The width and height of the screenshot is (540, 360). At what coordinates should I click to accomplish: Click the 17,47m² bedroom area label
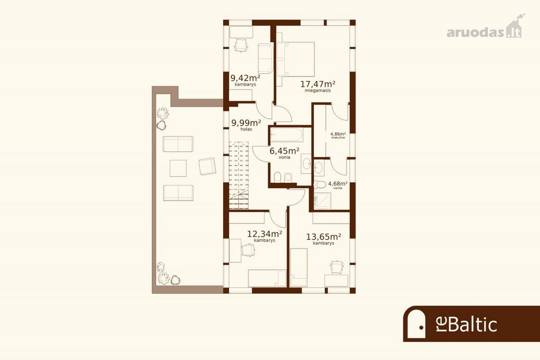318,86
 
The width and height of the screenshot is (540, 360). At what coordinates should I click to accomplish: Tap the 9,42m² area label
245,80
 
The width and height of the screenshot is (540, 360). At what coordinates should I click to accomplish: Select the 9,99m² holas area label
246,125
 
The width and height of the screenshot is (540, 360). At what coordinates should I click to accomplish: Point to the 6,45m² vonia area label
284,153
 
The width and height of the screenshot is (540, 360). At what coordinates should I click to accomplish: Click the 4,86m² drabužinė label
338,135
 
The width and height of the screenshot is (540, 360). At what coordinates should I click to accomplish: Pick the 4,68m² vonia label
338,185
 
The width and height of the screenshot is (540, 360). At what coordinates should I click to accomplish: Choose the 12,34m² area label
265,236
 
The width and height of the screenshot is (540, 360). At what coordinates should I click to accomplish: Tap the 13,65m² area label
324,238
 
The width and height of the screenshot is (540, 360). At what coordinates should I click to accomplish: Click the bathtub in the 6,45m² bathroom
287,135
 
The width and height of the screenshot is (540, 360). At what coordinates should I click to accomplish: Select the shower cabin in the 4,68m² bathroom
323,201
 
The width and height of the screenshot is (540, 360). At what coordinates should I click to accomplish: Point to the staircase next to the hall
238,175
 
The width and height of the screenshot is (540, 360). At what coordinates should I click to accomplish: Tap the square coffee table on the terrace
178,168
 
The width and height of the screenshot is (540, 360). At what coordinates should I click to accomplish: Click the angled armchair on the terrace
207,166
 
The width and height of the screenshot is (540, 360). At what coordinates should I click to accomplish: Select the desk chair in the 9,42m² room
241,45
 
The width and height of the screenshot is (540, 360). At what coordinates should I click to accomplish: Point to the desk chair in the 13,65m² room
337,267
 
